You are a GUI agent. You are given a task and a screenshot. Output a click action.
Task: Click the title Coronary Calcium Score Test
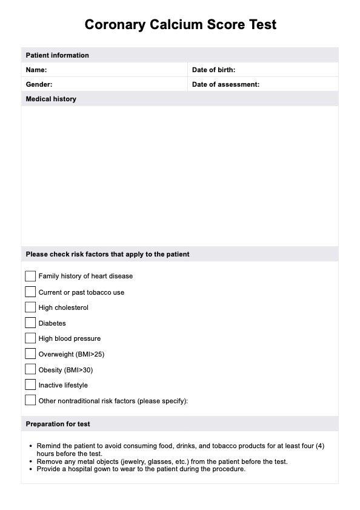[180, 25]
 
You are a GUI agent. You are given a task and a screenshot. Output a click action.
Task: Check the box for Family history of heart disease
[30, 276]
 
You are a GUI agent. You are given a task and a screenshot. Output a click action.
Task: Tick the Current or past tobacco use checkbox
[30, 292]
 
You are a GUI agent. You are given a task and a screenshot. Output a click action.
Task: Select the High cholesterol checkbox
[30, 307]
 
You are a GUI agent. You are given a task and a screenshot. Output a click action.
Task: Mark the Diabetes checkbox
[30, 323]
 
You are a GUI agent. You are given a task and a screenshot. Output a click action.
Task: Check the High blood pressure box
[30, 338]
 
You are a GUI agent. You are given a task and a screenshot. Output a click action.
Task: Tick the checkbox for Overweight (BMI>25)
[30, 354]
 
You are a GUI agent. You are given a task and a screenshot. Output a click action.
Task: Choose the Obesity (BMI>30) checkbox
[30, 369]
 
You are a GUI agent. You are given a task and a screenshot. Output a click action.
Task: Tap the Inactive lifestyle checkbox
[30, 384]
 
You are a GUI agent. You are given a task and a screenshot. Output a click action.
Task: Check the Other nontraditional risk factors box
[30, 400]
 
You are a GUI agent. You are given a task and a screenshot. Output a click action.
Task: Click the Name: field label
[36, 70]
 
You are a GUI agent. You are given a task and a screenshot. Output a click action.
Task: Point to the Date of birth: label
[213, 70]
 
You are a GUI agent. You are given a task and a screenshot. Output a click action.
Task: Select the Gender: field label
[39, 84]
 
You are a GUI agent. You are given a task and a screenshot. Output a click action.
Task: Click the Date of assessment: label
[225, 84]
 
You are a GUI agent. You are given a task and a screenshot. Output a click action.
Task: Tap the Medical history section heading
[51, 99]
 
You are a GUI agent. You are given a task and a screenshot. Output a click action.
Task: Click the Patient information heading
[57, 55]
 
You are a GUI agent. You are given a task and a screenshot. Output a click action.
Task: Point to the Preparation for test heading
[58, 424]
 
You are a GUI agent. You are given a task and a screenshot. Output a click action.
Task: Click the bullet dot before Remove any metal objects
[31, 461]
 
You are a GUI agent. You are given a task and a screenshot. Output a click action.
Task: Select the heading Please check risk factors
[107, 254]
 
